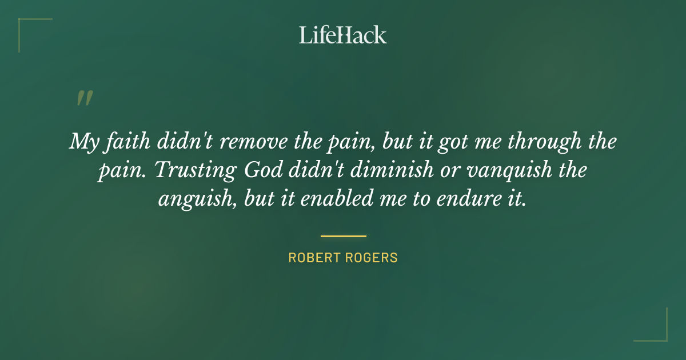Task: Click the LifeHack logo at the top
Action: click(343, 35)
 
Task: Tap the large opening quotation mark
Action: click(84, 98)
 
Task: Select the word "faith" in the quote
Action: click(122, 141)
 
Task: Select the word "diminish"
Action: click(374, 170)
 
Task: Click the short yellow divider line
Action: click(343, 235)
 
